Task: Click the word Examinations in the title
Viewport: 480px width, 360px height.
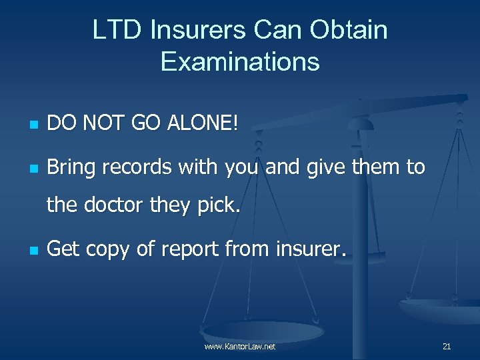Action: [240, 62]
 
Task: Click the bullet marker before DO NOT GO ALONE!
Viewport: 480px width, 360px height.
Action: [31, 125]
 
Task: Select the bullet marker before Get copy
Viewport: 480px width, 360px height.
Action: [31, 251]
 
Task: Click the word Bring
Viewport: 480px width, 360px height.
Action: [72, 167]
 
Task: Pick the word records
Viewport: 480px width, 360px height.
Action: [141, 167]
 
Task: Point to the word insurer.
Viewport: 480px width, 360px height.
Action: [309, 250]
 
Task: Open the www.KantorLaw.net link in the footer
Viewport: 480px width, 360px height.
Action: [240, 347]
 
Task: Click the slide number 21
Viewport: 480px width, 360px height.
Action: [447, 347]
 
